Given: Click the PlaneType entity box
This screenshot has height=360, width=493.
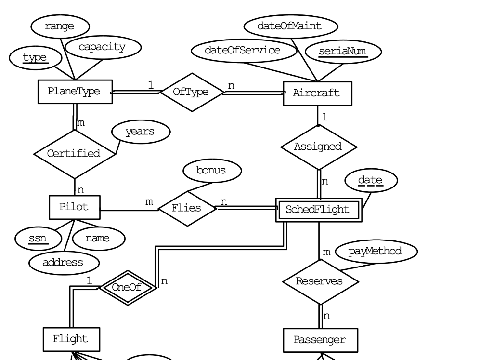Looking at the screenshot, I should pos(75,92).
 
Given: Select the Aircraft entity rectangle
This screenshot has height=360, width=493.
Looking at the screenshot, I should pos(317,93).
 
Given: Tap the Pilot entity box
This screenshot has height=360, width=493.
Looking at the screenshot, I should pos(75,207).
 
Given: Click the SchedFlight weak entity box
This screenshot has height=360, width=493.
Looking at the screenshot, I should pos(318,210).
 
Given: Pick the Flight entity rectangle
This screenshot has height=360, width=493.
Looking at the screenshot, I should pos(71,339).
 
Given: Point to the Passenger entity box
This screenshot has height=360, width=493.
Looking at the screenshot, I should pos(320,340).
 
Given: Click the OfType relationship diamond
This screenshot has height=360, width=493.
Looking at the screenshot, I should pos(192,92).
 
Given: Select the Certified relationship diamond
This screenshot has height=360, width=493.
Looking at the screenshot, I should pos(75,154).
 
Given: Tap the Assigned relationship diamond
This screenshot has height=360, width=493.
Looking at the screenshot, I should pos(319,147).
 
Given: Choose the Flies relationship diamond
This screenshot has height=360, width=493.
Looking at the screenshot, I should pos(187,209).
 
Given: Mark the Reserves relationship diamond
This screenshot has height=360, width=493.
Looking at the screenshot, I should pos(320,281).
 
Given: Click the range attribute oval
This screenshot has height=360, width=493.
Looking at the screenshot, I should pos(60,27).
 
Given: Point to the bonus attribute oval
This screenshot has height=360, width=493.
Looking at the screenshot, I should pos(211,171).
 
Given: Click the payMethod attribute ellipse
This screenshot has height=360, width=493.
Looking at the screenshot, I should pos(376,251).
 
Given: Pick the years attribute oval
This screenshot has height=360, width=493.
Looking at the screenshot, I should pos(140,132).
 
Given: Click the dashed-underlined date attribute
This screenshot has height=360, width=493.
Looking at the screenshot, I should pos(371,181).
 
